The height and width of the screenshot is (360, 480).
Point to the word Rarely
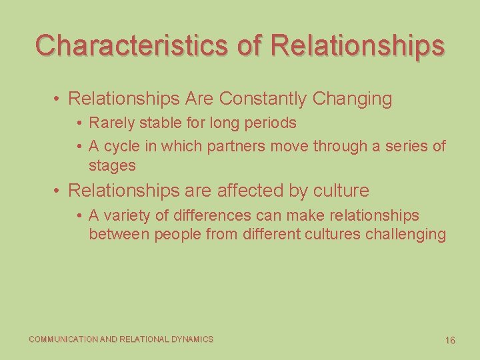111,123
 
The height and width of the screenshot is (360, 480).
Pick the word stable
161,123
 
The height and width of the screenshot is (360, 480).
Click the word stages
112,165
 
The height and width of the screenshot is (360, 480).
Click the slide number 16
450,341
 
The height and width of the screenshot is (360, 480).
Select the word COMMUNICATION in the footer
63,339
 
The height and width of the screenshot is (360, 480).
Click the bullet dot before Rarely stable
79,123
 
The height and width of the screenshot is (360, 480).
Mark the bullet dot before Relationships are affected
59,191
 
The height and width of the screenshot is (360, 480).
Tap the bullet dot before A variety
79,216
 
